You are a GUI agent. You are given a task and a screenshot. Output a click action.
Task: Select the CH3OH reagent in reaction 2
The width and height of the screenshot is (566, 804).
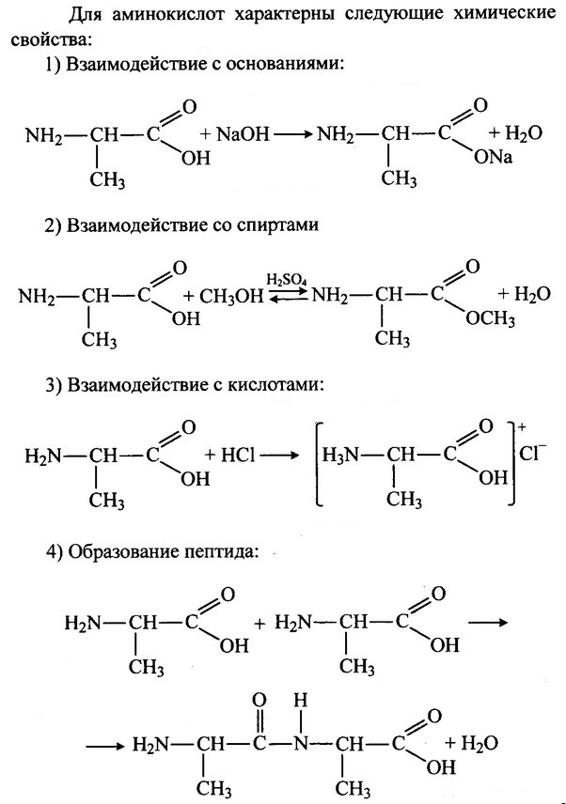[x=229, y=296]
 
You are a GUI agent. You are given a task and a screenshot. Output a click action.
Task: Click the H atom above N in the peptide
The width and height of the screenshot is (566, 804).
[x=299, y=702]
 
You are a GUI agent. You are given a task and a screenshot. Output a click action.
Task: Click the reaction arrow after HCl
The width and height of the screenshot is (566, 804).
[x=283, y=456]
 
